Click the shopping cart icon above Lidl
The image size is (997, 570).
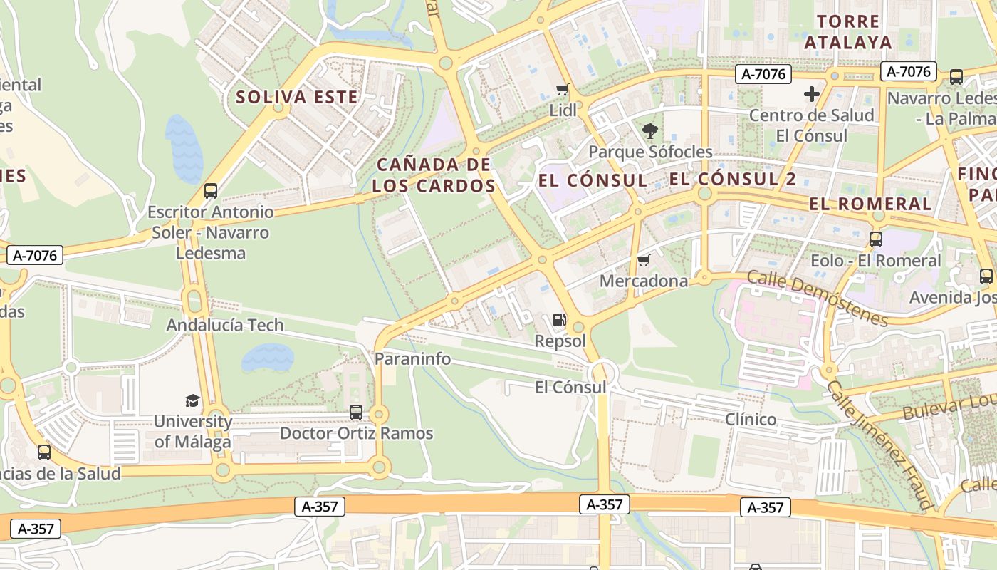pos(563,90)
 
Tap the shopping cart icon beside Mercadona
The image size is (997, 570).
pos(644,261)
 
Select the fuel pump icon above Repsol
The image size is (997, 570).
pos(560,320)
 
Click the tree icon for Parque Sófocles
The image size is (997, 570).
pos(649,131)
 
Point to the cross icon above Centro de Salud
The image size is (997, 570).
pos(811,94)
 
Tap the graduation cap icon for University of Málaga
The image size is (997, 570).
pos(192,400)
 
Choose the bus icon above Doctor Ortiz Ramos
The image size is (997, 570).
pos(356,413)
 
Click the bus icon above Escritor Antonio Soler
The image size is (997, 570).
pos(210,191)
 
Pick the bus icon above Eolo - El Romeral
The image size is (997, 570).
pos(876,239)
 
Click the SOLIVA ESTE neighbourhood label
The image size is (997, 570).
pos(297,97)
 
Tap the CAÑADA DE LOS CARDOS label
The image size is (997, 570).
pos(434,175)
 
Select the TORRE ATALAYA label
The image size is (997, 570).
pos(848,31)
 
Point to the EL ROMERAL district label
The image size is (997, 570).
pos(870,204)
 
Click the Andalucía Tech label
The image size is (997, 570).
pos(225,325)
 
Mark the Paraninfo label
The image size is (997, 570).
pos(413,358)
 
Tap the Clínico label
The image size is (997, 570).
pos(751,419)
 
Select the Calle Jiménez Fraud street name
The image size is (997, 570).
pos(880,445)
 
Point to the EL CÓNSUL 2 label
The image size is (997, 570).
pos(733,179)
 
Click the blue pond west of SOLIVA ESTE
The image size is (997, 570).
pos(184,148)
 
